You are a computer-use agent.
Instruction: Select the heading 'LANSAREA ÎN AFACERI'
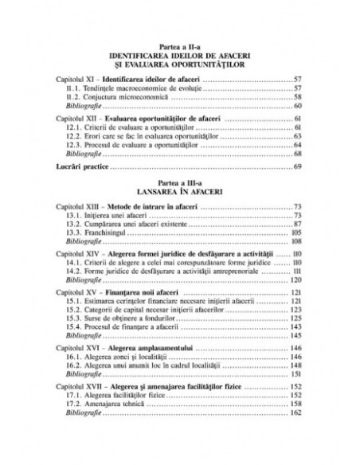[179, 193]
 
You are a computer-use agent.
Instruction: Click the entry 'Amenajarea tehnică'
[119, 426]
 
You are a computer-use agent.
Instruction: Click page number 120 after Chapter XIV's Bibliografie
[295, 279]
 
